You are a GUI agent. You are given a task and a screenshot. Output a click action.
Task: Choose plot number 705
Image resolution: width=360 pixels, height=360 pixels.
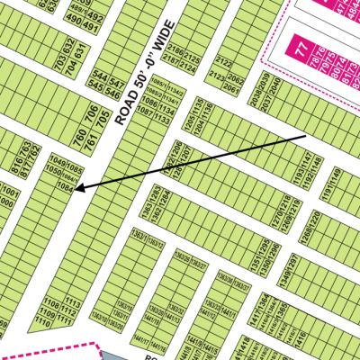pos(103,116)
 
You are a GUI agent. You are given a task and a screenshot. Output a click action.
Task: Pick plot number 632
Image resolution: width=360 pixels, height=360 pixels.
pos(69,44)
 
